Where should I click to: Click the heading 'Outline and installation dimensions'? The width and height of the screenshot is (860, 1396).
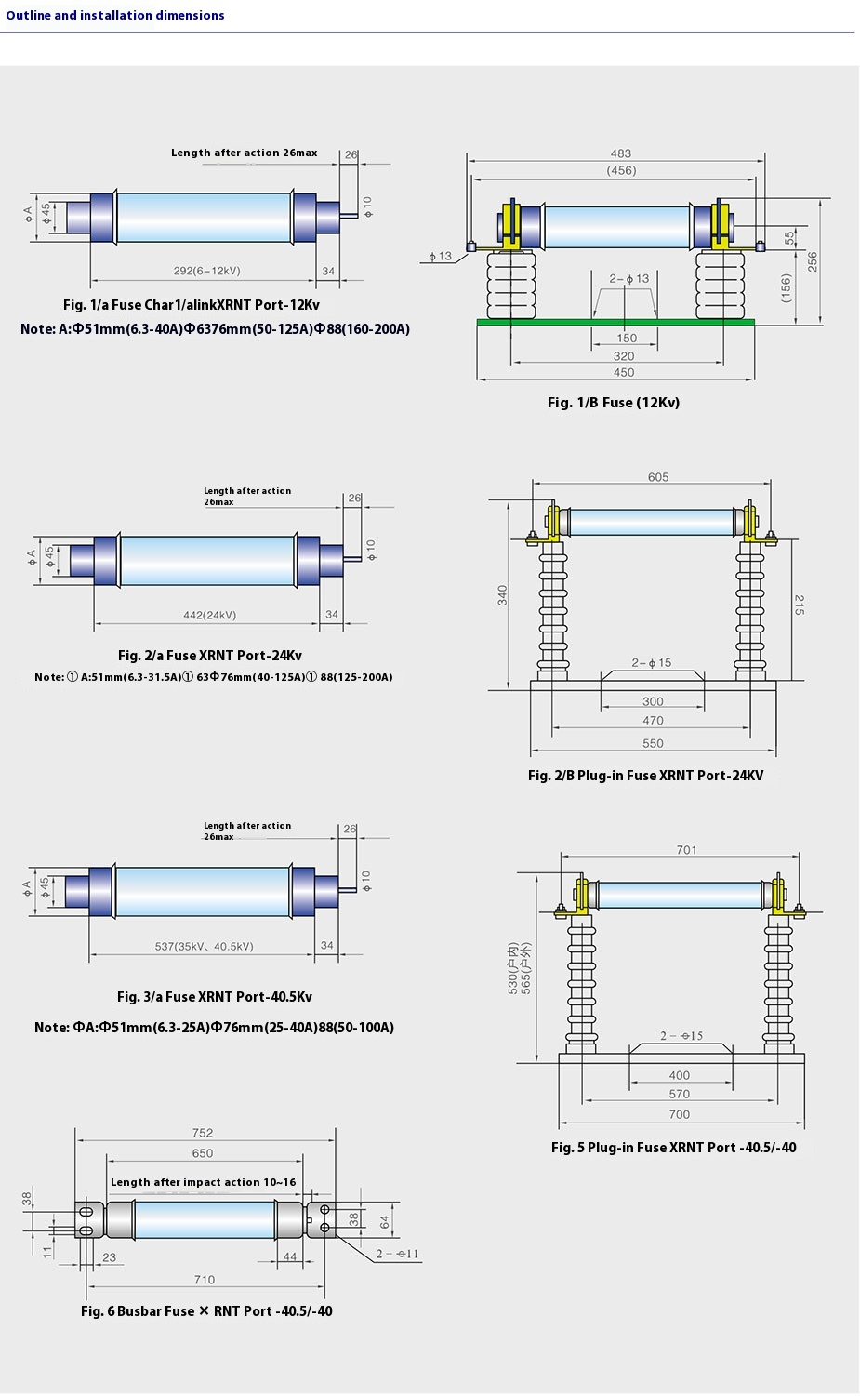pos(115,15)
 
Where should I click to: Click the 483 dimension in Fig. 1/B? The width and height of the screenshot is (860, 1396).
pos(620,153)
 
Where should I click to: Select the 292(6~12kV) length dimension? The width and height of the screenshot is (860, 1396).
pos(206,271)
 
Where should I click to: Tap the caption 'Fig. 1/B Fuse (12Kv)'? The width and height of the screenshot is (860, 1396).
pos(613,403)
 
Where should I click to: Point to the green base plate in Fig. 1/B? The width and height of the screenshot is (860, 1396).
pos(615,323)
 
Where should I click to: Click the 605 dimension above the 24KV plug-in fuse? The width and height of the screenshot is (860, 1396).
pos(657,477)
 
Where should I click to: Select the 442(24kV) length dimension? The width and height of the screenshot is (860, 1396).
pos(209,615)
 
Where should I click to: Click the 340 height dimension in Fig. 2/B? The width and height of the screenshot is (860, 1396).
pos(502,595)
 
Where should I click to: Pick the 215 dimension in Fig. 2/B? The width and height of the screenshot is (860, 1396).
pos(799,605)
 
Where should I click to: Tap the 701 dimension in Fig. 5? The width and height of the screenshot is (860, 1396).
pos(686,850)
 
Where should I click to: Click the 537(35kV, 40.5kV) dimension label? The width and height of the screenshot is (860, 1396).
pos(204,946)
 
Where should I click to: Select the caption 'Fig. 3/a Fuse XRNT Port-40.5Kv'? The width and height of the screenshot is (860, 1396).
pos(214,997)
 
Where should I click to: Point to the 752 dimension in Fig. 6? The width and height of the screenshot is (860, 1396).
pos(203,1133)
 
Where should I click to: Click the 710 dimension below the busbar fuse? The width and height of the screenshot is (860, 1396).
pos(205,1280)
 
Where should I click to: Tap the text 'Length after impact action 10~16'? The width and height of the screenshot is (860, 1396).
pos(203,1182)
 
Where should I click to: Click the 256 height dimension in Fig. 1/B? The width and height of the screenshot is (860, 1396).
pos(812,261)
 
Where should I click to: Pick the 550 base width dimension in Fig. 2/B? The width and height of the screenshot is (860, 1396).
pos(653,743)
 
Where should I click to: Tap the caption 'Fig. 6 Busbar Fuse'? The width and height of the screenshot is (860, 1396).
pos(205,1311)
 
